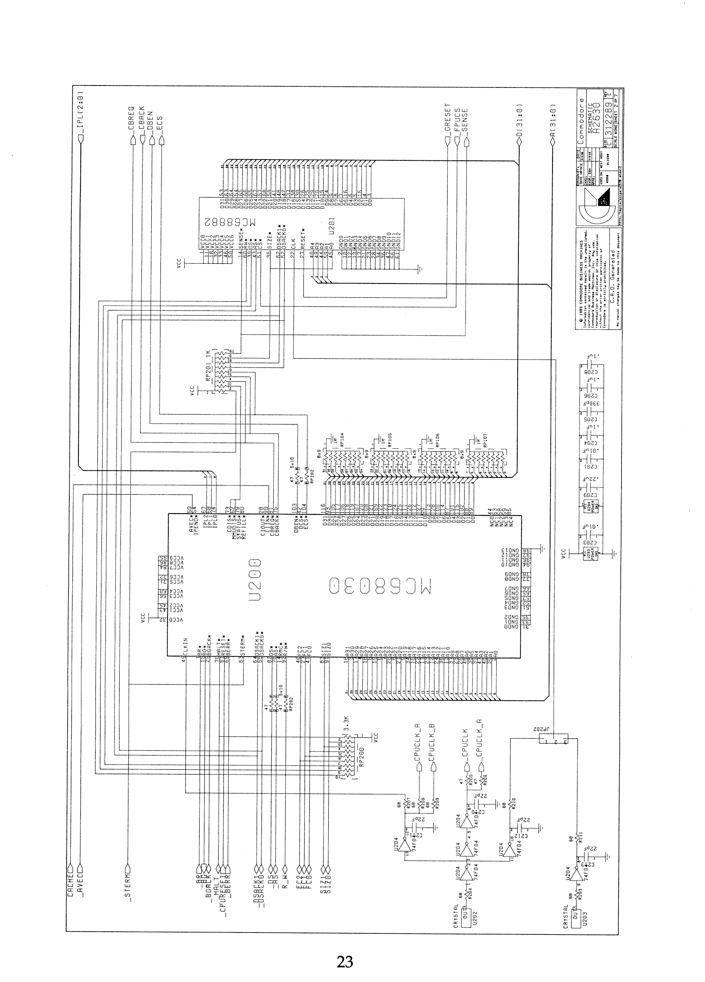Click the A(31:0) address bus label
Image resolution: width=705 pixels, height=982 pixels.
[552, 120]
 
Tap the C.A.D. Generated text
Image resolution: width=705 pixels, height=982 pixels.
[612, 265]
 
